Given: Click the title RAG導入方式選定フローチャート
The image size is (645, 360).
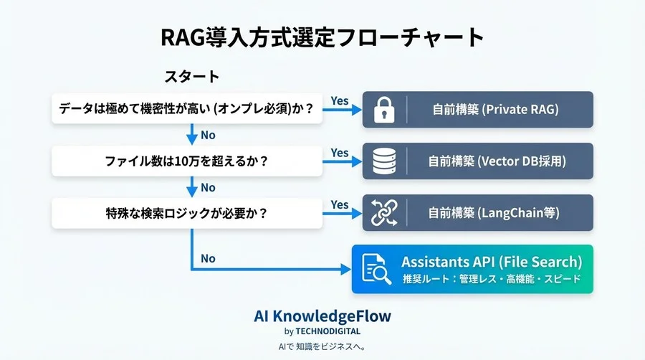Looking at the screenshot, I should click(x=322, y=38).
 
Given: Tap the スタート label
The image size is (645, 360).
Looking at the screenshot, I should click(x=191, y=76).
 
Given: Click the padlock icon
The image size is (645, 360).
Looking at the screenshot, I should click(x=384, y=110).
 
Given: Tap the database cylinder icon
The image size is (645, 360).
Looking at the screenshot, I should click(x=384, y=161).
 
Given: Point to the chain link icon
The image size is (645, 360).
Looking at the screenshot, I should click(x=384, y=213).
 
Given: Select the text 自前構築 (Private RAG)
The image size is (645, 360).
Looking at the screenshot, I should click(x=494, y=110).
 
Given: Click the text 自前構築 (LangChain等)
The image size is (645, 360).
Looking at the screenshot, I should click(x=494, y=213).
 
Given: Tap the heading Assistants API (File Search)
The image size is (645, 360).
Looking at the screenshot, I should click(x=492, y=262).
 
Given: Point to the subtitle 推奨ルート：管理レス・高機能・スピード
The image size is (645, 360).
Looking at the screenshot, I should click(x=492, y=279).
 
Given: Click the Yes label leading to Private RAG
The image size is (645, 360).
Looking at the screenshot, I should click(x=340, y=101).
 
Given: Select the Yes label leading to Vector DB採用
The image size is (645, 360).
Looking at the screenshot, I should click(x=340, y=153).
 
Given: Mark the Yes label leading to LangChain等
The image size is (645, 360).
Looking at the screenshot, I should click(x=340, y=204).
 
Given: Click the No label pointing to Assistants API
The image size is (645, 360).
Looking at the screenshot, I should click(x=208, y=259).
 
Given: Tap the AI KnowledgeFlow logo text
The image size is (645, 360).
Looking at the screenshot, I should click(x=322, y=316).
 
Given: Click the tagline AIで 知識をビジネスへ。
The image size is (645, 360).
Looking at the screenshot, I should click(x=322, y=346).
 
